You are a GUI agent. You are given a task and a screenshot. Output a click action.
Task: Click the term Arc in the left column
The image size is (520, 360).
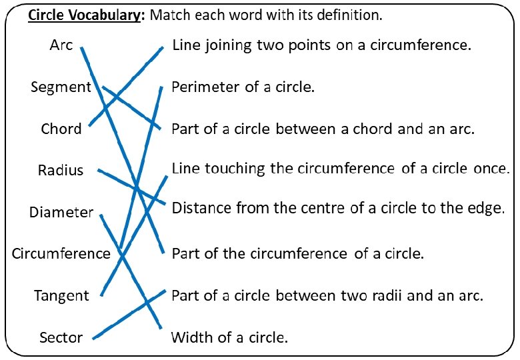61,45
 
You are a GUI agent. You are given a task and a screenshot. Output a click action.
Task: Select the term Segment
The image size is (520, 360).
61,87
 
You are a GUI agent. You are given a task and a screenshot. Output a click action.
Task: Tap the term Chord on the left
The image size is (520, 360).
61,129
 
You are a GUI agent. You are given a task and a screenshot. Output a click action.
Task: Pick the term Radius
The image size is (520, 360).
61,171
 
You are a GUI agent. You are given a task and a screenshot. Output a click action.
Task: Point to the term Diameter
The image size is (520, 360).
61,213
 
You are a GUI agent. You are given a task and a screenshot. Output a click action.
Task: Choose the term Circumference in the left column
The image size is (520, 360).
61,254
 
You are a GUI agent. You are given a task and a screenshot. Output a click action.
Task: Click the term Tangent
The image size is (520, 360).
61,296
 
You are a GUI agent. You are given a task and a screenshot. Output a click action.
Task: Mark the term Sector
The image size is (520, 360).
61,337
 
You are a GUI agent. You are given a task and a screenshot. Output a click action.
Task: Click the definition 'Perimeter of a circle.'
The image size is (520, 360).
243,87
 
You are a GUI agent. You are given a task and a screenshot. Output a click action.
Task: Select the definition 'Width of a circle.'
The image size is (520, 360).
229,337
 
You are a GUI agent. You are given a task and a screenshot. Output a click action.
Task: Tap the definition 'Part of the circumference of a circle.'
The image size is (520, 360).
298,254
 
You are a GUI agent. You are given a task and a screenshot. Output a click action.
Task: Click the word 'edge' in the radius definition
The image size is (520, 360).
485,209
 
